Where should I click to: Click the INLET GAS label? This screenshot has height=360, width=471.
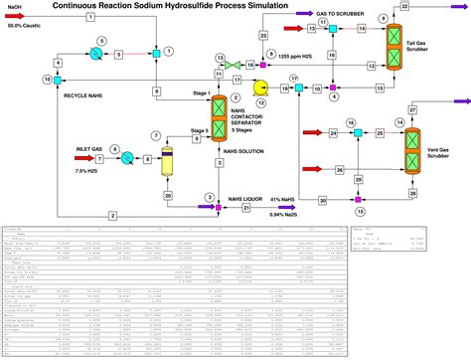point(90,149)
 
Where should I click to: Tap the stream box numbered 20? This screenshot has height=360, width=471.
point(169,196)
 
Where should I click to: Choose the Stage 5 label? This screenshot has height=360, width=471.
point(200,130)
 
